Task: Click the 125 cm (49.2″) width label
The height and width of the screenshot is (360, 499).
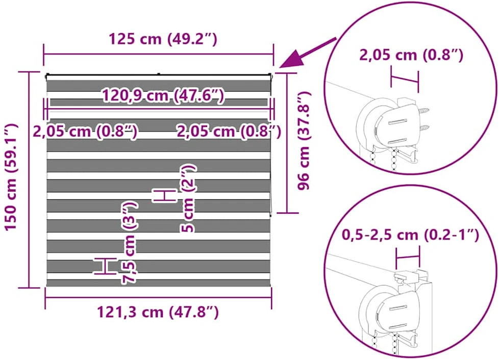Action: pos(163,39)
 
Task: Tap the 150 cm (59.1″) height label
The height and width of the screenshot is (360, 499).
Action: pos(11,177)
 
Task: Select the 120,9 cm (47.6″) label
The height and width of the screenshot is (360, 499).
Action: pos(163,95)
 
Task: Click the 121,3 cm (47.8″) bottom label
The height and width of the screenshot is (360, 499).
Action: pos(158,312)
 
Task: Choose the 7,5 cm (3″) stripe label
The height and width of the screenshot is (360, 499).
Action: pos(130,242)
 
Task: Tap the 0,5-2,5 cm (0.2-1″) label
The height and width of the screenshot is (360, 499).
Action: pos(410,235)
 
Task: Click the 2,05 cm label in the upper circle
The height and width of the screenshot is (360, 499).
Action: pos(411,55)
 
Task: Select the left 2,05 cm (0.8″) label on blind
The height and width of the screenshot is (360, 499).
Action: pos(85,131)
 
